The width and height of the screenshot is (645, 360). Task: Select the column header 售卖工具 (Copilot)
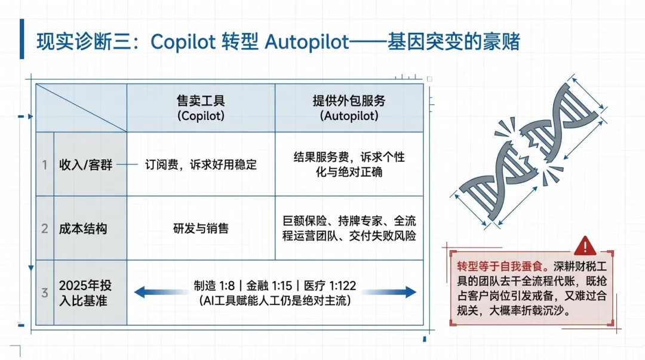tap(201, 108)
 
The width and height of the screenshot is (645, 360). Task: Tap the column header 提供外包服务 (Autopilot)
tap(349, 108)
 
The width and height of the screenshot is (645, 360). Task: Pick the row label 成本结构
tap(83, 228)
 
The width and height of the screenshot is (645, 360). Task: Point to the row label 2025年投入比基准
tap(85, 292)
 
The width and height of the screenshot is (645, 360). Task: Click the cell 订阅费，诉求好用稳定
tap(201, 165)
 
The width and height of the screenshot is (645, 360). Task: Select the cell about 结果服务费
tap(349, 165)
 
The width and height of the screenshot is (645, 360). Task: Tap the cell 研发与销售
tap(201, 228)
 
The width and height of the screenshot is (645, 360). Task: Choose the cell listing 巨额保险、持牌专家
tap(349, 228)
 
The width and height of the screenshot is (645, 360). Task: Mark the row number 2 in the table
tap(44, 228)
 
